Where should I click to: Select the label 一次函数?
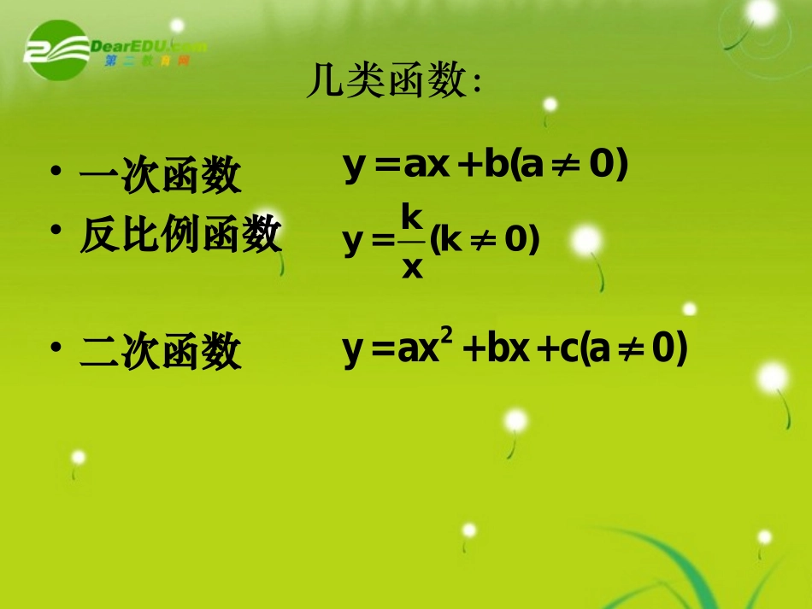point(161,176)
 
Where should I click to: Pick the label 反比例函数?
point(180,235)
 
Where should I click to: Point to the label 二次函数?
point(161,352)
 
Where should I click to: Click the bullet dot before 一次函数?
point(56,171)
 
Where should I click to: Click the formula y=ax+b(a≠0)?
point(485,165)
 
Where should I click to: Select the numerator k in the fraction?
point(412,219)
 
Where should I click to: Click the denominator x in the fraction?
point(412,267)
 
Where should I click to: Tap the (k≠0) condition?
point(485,242)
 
